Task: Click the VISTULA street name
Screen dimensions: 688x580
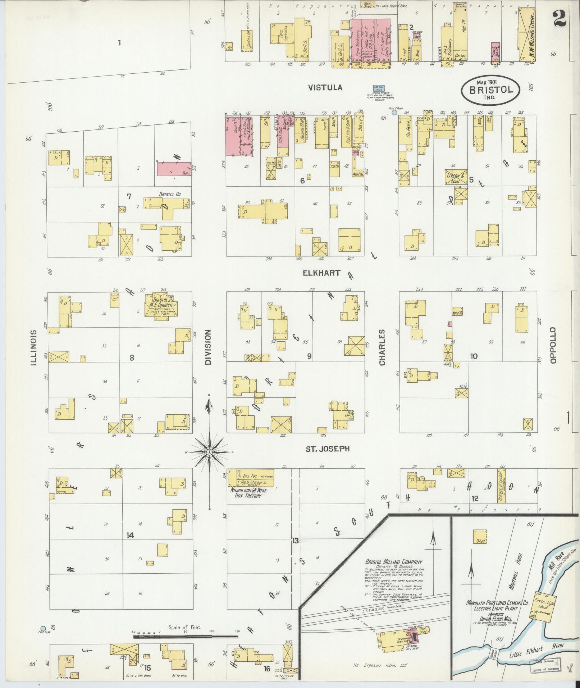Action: (325, 88)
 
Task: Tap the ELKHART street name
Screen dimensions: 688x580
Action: (321, 273)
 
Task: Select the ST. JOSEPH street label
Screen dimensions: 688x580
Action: (327, 448)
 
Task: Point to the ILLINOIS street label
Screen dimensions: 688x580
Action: (35, 348)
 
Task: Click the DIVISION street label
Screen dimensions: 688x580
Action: (208, 348)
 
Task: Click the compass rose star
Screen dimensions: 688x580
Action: (209, 452)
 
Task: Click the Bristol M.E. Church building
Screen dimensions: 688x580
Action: (159, 305)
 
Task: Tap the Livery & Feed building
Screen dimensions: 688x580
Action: (456, 177)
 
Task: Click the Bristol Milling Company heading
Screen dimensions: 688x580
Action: (393, 562)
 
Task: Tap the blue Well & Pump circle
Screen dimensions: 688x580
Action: (394, 113)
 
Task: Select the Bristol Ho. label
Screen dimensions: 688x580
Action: (170, 194)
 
